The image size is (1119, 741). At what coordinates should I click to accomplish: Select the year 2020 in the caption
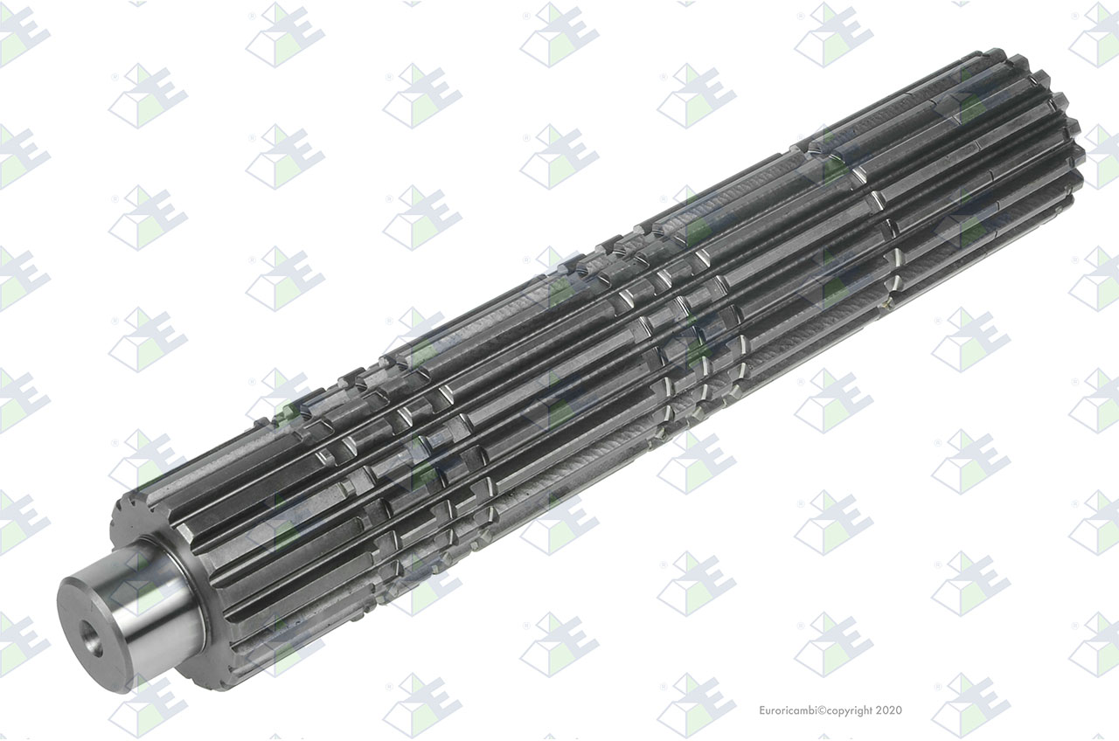889,710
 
